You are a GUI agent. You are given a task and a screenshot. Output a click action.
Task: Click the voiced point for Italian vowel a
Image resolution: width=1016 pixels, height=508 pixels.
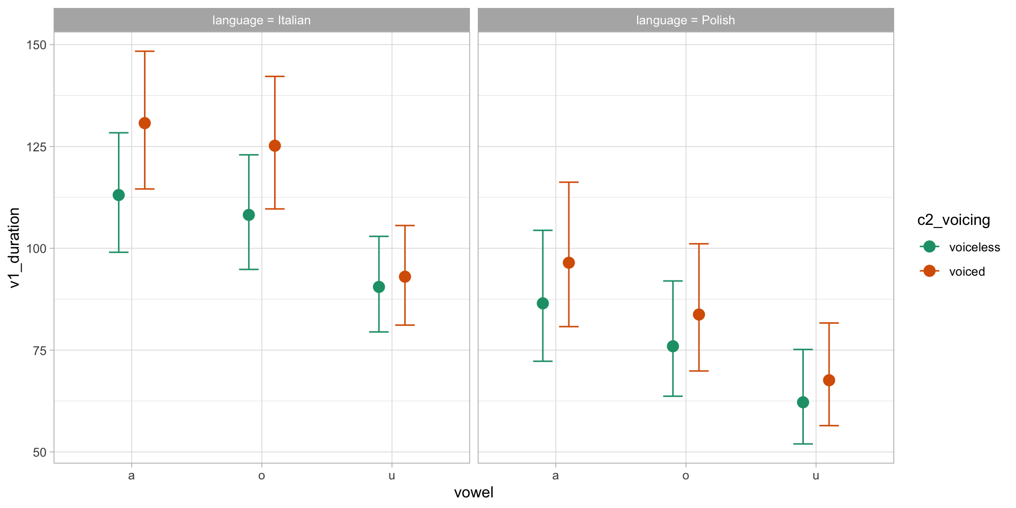[144, 123]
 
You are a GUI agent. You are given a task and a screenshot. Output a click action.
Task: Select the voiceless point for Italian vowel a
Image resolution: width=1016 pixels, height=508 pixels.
[119, 195]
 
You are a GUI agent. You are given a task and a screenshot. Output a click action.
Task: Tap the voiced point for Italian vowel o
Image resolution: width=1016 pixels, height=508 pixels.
[275, 146]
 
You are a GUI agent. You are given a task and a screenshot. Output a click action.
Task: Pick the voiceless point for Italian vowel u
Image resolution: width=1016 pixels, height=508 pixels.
[379, 287]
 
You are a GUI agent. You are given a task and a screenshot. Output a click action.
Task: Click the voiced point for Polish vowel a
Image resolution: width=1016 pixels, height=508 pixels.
[569, 263]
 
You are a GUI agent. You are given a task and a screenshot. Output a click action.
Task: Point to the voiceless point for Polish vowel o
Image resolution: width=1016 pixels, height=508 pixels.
[673, 347]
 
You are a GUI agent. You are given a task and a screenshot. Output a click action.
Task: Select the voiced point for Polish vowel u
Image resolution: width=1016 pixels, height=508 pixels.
[829, 380]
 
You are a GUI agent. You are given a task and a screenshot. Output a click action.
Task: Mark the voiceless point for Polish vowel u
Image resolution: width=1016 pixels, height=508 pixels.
[803, 403]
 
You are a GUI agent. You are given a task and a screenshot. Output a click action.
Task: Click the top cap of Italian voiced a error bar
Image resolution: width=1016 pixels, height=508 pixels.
[144, 51]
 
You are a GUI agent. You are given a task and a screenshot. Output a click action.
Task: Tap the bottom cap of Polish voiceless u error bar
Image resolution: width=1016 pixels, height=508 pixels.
[803, 444]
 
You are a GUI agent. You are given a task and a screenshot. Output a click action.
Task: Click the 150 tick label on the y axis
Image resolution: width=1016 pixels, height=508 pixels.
[37, 45]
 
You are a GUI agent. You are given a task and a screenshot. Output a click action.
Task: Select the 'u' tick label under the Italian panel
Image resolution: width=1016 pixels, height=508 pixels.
[392, 476]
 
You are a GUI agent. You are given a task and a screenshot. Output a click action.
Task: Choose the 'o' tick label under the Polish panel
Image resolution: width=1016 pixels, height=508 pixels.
[686, 476]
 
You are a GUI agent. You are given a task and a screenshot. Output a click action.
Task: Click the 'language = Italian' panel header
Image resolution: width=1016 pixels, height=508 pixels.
[261, 21]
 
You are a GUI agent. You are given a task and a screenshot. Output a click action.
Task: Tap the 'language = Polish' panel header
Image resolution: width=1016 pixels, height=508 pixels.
[686, 21]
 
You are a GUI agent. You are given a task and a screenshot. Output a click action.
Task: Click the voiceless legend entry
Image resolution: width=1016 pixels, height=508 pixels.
[974, 247]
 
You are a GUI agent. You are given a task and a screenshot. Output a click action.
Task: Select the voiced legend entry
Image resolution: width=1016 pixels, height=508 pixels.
[966, 271]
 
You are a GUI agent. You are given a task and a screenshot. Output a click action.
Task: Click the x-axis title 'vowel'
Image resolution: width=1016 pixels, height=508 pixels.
[474, 493]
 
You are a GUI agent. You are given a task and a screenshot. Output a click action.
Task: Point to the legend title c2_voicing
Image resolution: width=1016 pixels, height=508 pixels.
[954, 220]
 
